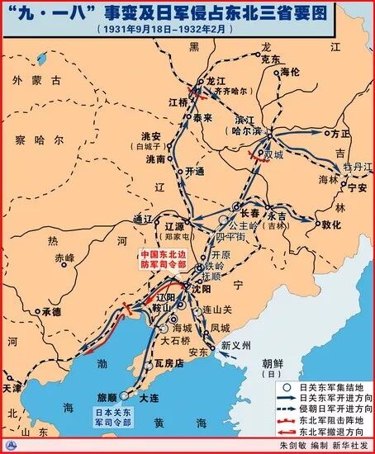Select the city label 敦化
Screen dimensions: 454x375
click(332, 223)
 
